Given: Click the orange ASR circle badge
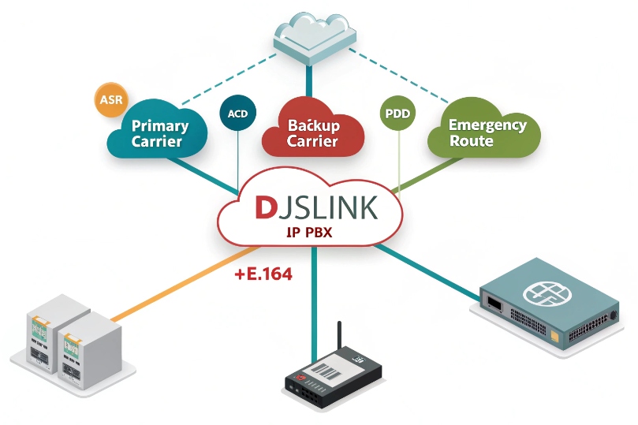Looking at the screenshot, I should [x=109, y=100].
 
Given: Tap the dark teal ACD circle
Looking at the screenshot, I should [x=237, y=114].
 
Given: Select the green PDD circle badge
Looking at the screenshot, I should [x=397, y=114].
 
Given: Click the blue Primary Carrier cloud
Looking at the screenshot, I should [x=160, y=132].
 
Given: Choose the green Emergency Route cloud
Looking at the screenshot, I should [x=485, y=132].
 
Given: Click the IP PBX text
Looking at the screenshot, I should [x=312, y=233].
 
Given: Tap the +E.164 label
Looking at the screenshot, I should [x=263, y=275].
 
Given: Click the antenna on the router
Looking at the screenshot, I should [x=340, y=339].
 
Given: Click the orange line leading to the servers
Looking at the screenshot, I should [x=173, y=284].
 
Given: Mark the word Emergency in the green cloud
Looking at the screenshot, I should [x=487, y=125].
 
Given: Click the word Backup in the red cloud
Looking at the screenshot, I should [x=313, y=125].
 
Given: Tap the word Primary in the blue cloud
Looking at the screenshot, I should [x=160, y=125].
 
